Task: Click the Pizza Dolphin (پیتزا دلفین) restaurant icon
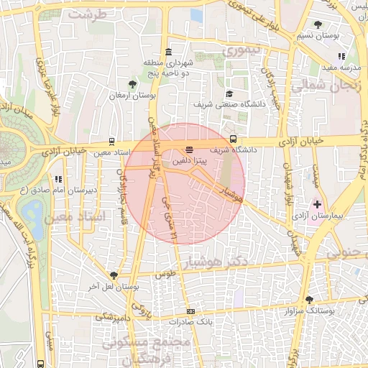click(x=189, y=149)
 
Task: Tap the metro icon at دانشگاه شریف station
click(x=232, y=139)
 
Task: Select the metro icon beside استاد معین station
click(x=111, y=142)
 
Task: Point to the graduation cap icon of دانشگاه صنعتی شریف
click(x=229, y=93)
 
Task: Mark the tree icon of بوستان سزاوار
click(x=309, y=300)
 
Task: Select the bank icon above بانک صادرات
click(x=190, y=311)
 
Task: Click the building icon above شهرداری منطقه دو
click(x=168, y=52)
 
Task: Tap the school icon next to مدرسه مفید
click(x=341, y=55)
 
